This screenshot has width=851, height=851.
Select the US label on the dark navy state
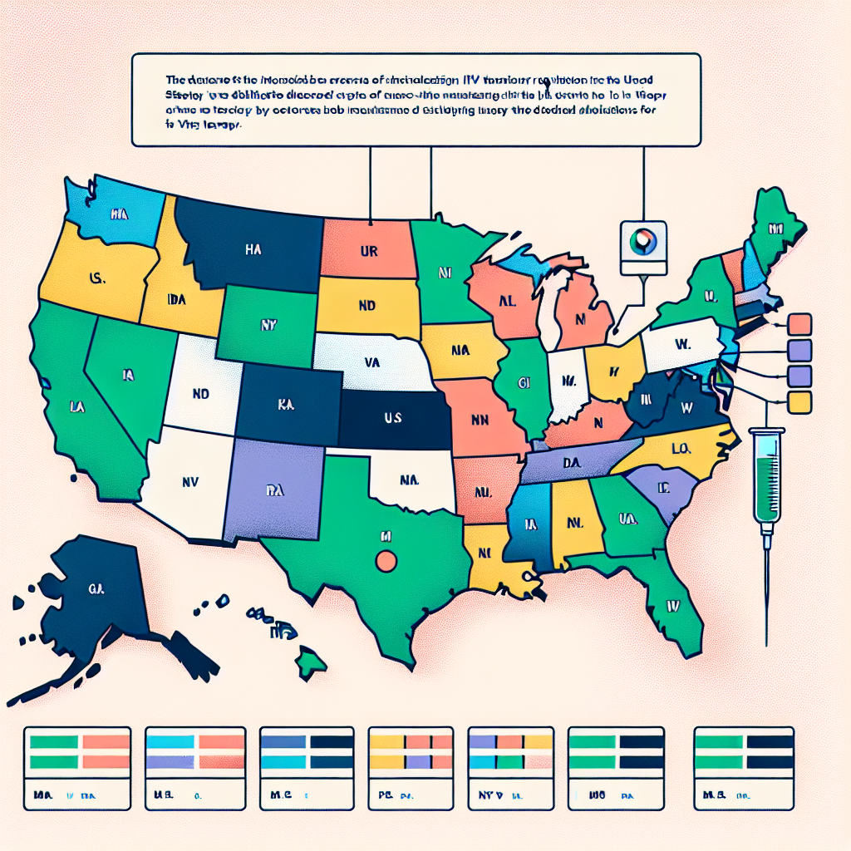click(393, 417)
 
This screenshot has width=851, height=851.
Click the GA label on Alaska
click(92, 588)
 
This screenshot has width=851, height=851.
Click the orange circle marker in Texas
click(385, 561)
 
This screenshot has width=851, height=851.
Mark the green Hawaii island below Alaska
click(311, 662)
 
